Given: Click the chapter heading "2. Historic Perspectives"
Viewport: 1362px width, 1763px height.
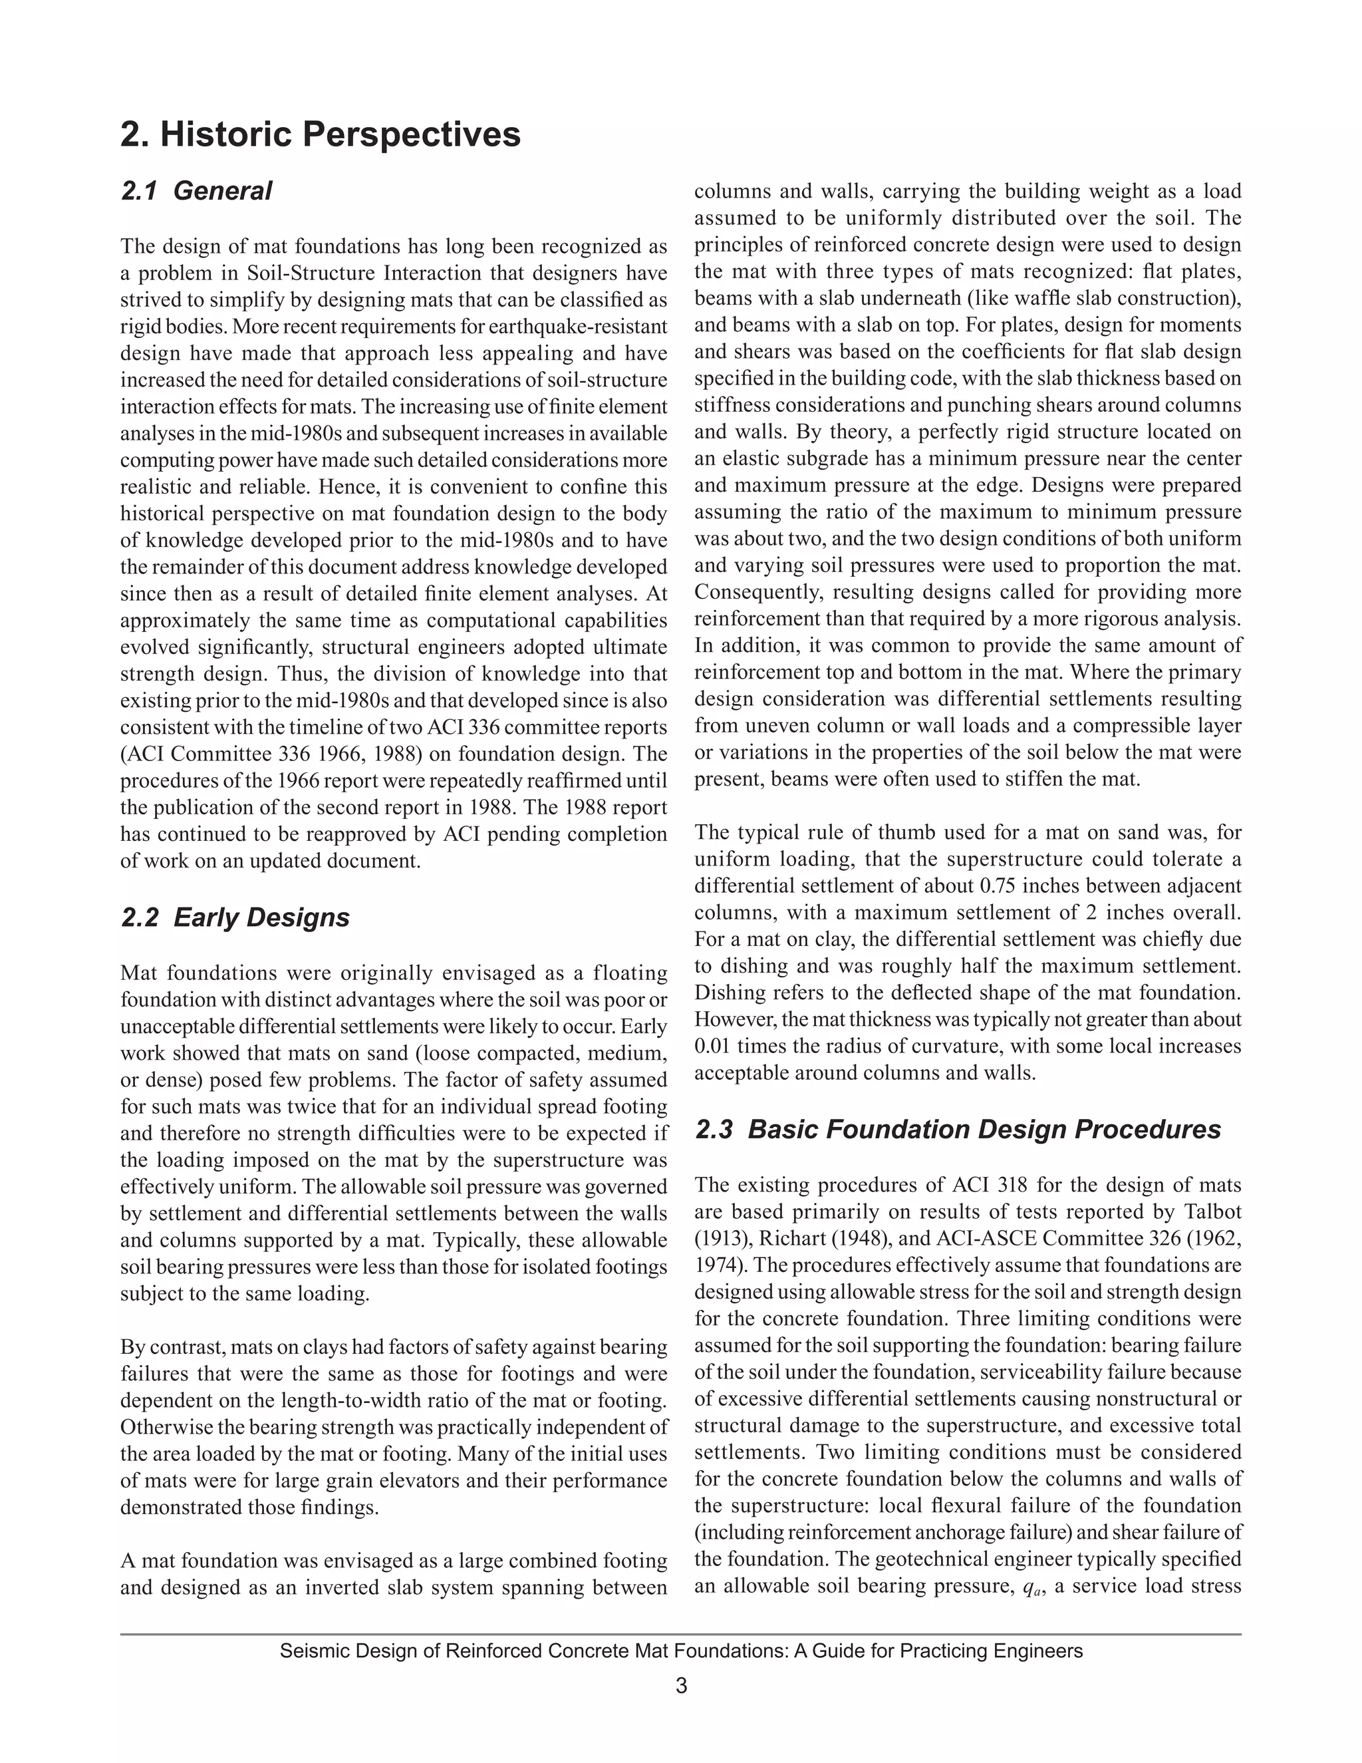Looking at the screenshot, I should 321,134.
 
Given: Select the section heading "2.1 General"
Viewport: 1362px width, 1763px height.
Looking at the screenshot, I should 196,192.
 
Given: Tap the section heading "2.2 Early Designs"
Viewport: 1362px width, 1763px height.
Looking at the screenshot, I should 235,918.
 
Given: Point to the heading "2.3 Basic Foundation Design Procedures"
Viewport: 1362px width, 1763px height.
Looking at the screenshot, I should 957,1130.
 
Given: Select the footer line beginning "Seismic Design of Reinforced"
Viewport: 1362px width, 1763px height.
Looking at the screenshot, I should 681,1651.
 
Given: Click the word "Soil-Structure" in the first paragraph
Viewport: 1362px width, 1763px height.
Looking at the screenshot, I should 313,273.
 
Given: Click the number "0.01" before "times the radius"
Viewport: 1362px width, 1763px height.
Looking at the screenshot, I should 712,1046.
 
